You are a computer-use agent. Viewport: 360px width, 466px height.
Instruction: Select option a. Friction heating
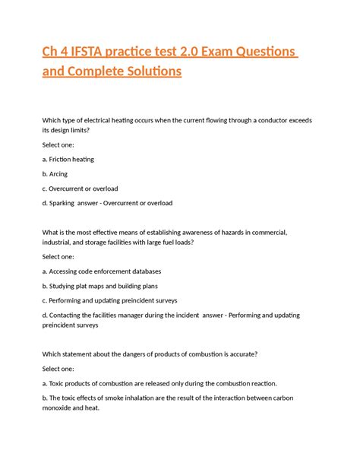pos(68,159)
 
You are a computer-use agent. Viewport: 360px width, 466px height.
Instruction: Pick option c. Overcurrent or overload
pos(81,188)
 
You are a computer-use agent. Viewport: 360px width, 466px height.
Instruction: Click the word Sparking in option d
pos(66,203)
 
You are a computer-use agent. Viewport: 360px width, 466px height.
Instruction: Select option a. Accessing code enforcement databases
pos(102,271)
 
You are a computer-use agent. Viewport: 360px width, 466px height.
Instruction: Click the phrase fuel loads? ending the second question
pos(175,242)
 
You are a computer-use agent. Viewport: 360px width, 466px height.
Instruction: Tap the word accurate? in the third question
pos(238,354)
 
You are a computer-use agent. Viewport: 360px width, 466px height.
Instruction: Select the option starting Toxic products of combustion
pos(160,383)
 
